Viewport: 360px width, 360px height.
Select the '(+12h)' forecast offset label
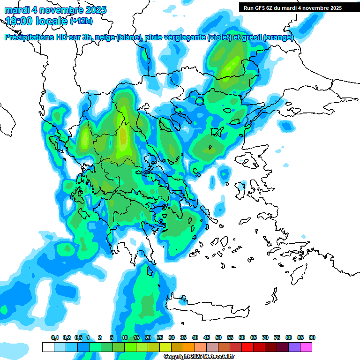[x=81, y=21]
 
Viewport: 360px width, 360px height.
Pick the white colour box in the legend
[x=48, y=347]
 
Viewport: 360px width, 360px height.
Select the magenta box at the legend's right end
[x=306, y=347]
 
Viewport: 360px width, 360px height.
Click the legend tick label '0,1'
[x=54, y=337]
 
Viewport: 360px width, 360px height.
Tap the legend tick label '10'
[x=125, y=337]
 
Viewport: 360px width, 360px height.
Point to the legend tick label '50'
[x=218, y=337]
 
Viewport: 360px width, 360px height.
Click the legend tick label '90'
[x=312, y=337]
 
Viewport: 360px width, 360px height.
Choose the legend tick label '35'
[x=183, y=337]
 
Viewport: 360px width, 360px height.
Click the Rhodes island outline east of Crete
[x=298, y=271]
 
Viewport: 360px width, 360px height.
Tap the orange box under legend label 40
[x=189, y=347]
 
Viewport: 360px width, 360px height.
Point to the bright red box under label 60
[x=247, y=347]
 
